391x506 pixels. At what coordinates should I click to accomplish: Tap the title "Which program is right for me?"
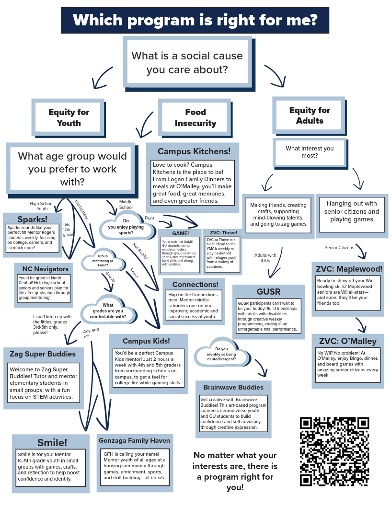click(x=195, y=20)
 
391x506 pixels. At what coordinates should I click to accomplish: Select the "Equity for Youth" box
click(x=69, y=117)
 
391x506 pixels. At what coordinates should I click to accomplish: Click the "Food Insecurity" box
click(x=195, y=117)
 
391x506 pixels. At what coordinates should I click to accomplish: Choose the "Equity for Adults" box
click(x=310, y=115)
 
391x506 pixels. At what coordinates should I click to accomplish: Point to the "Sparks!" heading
click(x=33, y=219)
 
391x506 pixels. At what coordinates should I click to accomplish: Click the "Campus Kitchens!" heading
click(x=194, y=151)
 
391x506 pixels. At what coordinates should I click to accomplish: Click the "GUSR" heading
click(x=268, y=291)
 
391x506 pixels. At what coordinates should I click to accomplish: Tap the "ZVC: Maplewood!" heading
click(x=348, y=268)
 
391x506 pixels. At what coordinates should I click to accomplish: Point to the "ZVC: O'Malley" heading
click(x=348, y=341)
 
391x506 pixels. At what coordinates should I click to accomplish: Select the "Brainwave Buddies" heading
click(x=233, y=387)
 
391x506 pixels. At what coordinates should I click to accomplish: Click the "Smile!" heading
click(x=52, y=442)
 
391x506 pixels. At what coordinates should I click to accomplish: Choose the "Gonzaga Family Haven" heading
click(x=134, y=440)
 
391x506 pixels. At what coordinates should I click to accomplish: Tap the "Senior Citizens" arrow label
click(x=339, y=248)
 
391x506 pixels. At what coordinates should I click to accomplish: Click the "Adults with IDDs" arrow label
click(x=265, y=258)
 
